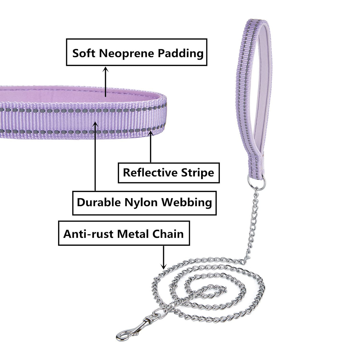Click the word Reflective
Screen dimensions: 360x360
pyautogui.click(x=150, y=173)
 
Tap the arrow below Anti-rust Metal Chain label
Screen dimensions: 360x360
pyautogui.click(x=163, y=257)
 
